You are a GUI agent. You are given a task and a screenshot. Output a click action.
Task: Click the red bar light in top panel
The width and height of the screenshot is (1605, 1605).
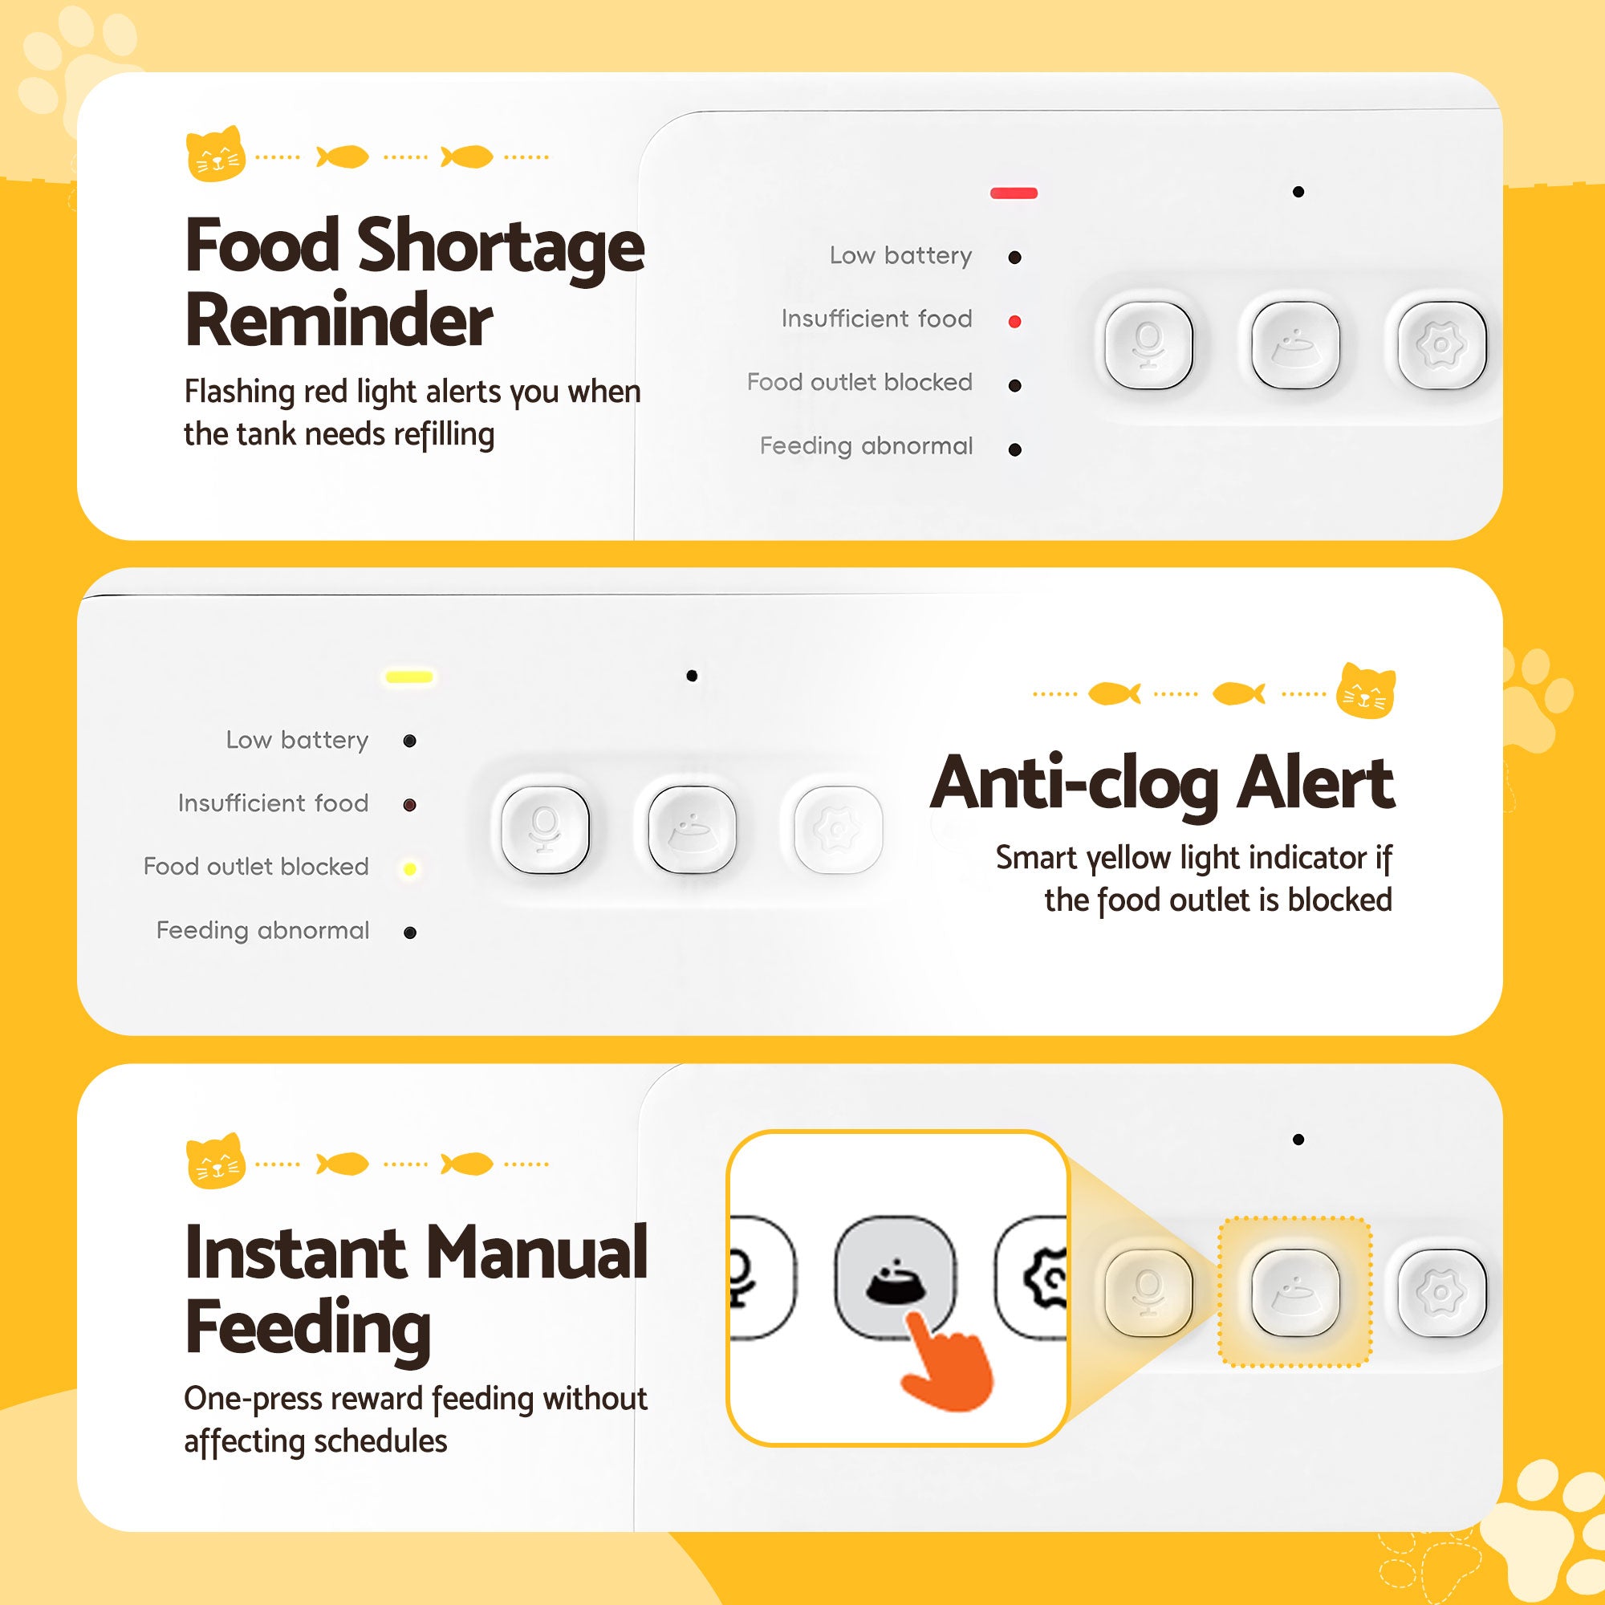click(x=1014, y=193)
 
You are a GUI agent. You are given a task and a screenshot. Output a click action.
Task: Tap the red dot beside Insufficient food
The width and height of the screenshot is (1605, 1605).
click(x=1014, y=322)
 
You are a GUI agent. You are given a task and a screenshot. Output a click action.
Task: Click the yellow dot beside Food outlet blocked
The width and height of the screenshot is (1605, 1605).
click(x=409, y=869)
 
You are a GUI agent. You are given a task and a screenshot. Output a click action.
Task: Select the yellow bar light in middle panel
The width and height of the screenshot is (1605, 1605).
click(x=409, y=677)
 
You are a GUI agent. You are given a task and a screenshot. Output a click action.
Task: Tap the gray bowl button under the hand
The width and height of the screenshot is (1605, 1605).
click(x=894, y=1277)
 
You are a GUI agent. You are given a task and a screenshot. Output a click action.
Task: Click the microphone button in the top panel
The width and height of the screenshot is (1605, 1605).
click(x=1148, y=345)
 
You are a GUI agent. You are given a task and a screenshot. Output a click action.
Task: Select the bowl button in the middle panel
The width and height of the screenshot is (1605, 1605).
click(x=691, y=829)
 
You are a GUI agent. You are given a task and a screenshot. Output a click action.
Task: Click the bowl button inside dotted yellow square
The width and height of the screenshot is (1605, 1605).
click(x=1294, y=1292)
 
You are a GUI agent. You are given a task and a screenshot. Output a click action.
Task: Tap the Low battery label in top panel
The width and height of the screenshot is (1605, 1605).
click(x=900, y=256)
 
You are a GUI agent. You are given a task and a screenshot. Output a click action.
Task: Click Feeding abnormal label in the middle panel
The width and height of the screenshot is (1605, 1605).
click(x=262, y=930)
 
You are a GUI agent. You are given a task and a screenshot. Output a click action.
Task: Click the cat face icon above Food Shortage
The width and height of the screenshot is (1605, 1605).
click(x=215, y=154)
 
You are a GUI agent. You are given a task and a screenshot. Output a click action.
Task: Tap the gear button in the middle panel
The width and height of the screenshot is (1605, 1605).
click(x=837, y=829)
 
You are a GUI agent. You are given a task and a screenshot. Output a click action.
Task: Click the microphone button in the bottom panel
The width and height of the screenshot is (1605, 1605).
click(x=1148, y=1292)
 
